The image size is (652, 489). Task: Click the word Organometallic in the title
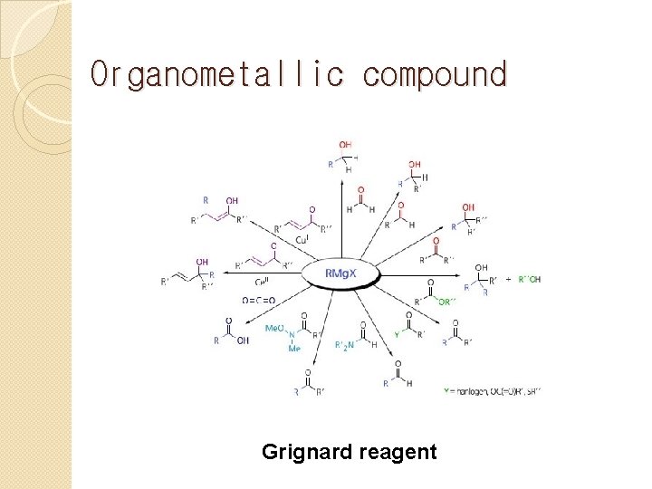(x=216, y=74)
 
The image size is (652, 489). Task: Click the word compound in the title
(x=435, y=74)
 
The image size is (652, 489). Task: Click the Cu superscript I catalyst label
(x=302, y=240)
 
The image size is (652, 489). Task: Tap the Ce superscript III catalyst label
(x=264, y=282)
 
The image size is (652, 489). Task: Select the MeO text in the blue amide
(x=276, y=327)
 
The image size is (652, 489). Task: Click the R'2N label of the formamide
(x=344, y=345)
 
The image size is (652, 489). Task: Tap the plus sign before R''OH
(x=509, y=279)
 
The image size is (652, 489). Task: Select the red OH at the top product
(x=346, y=144)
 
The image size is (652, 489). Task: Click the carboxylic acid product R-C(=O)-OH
(x=227, y=331)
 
